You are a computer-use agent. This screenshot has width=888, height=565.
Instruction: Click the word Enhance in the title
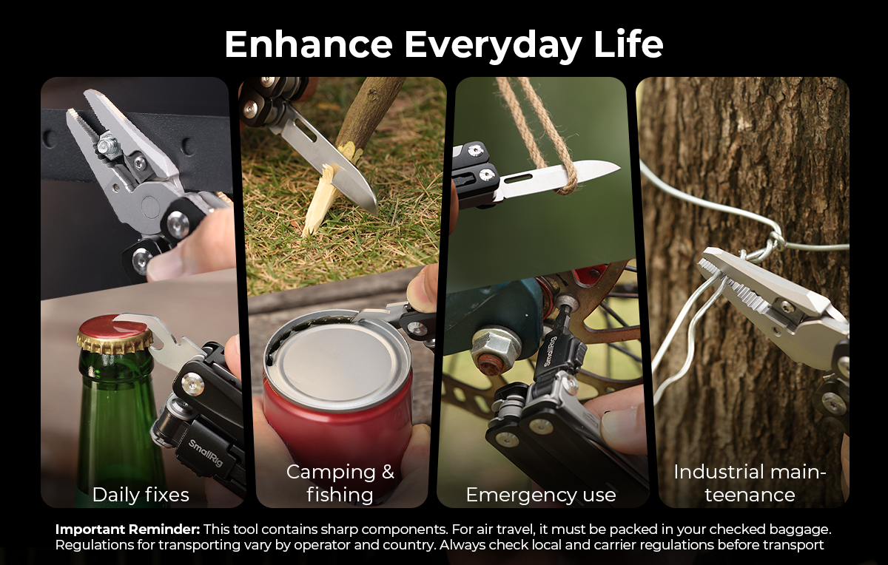pos(309,44)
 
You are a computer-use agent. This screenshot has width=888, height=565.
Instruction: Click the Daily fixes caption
pos(141,495)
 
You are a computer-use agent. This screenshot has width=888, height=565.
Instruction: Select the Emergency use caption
pos(541,495)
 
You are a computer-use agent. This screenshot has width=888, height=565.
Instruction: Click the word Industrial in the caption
pos(713,472)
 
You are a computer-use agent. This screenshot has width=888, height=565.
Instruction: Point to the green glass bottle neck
pos(115,380)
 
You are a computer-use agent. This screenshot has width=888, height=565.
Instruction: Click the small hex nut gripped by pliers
pos(107,143)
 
